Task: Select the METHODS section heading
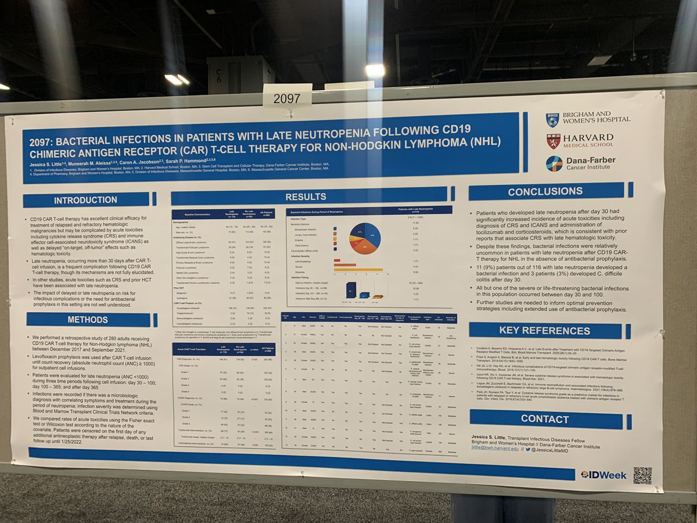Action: (x=87, y=320)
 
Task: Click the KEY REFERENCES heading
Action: (x=544, y=330)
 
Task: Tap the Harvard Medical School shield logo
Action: (x=553, y=141)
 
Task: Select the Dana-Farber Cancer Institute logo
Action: (x=554, y=163)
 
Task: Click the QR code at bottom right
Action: (x=642, y=475)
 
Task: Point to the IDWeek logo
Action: (x=603, y=475)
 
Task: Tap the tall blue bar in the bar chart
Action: (x=351, y=289)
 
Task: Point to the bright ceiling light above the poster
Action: (x=375, y=70)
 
